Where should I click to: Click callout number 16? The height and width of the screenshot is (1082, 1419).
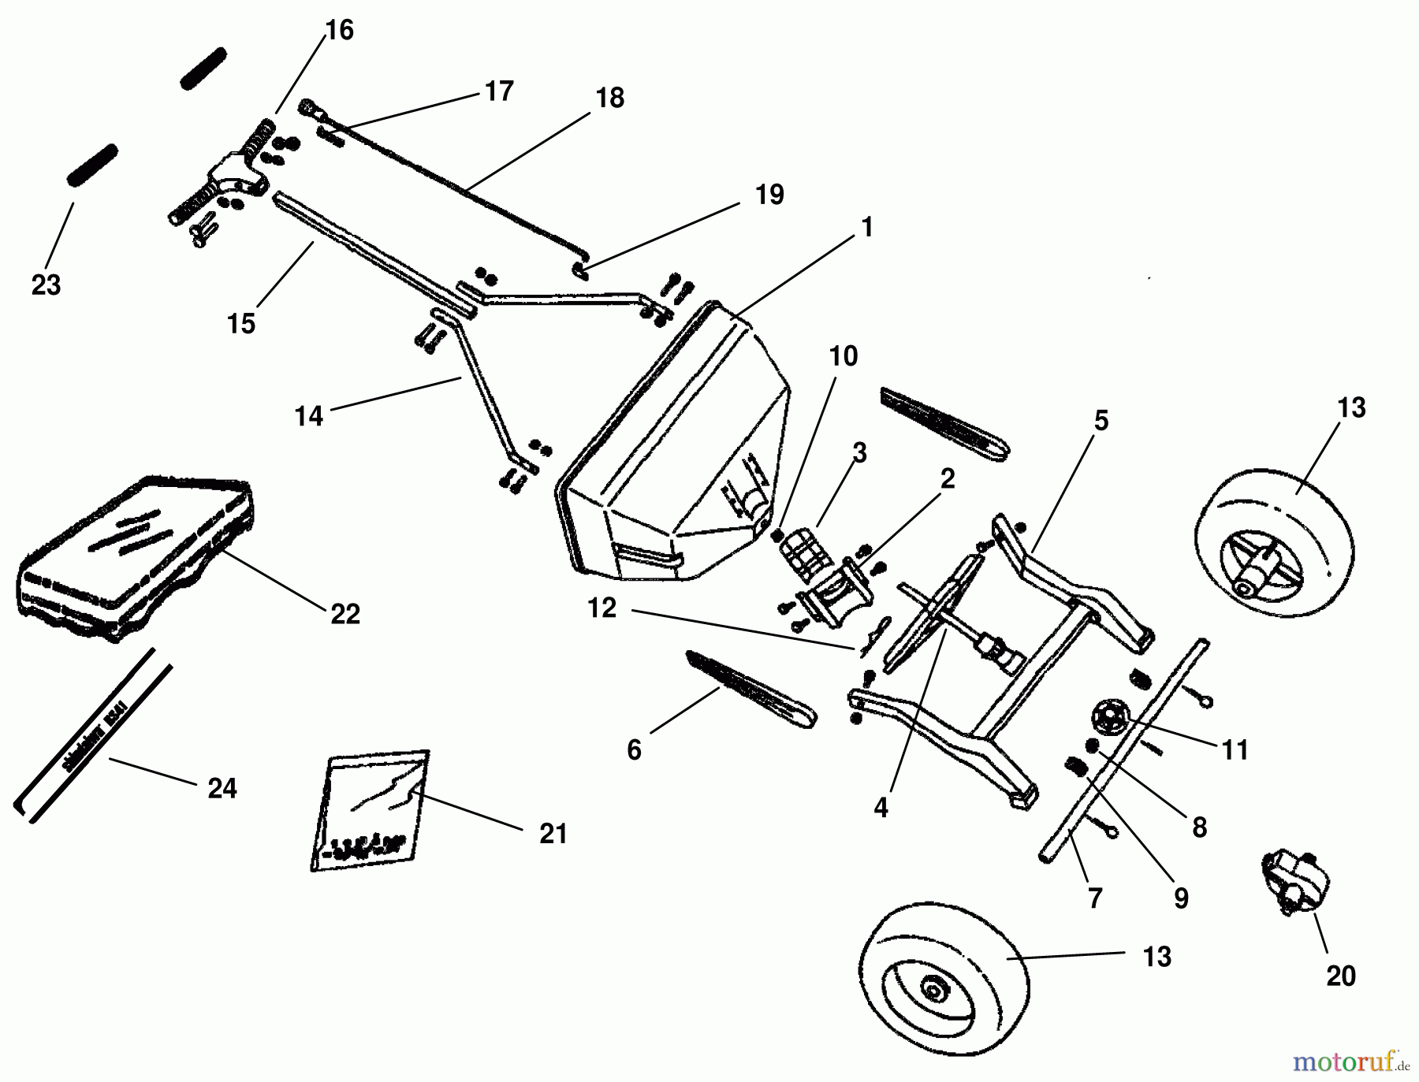340,31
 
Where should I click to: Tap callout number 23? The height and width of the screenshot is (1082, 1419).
46,284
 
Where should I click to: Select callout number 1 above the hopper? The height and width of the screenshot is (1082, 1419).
867,228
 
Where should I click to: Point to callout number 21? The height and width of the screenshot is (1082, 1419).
553,834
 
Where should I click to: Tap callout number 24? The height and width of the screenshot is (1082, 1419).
222,788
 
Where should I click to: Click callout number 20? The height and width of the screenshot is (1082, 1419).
1340,976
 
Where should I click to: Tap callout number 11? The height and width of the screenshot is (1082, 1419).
1235,750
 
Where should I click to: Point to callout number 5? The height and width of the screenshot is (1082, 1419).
1101,421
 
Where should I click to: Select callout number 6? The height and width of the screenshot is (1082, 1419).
635,749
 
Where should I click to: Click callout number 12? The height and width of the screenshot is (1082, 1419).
601,608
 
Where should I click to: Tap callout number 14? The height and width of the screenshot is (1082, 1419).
309,416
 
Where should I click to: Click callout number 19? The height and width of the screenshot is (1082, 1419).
769,195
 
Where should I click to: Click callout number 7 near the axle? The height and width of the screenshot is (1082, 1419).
1094,898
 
